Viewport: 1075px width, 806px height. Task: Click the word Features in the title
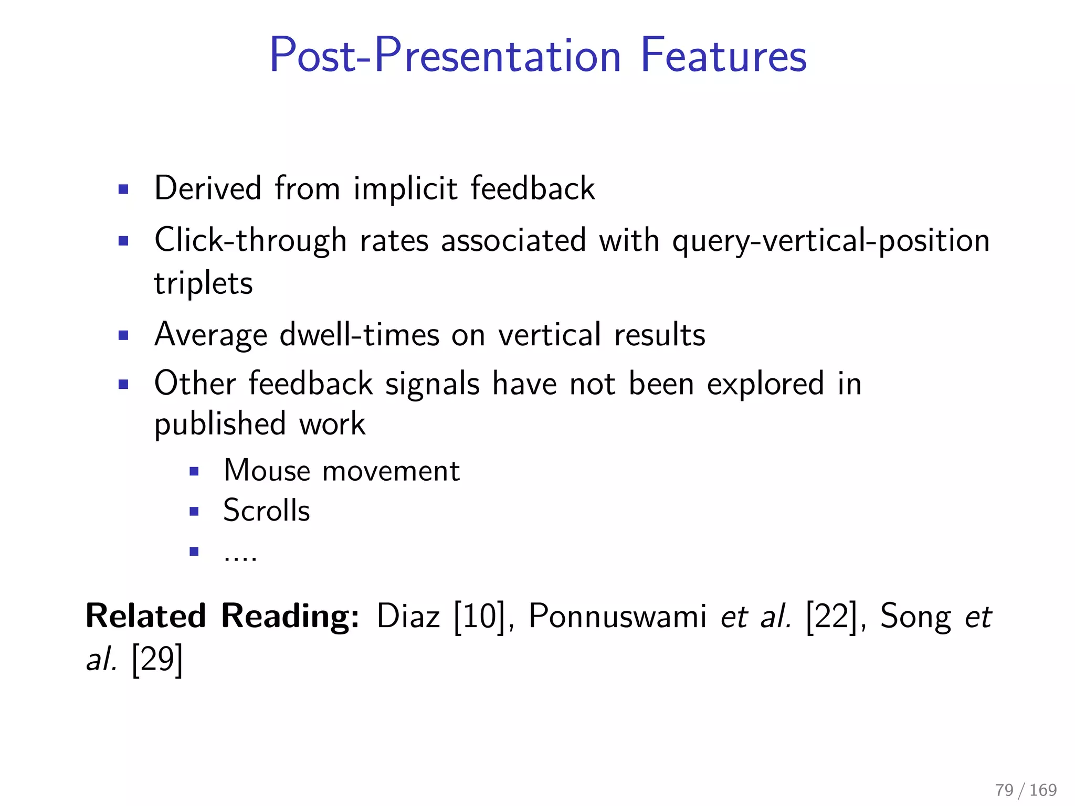pyautogui.click(x=723, y=56)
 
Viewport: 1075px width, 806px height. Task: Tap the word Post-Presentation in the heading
pyautogui.click(x=445, y=56)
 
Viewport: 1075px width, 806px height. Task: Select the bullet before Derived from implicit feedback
pyautogui.click(x=123, y=189)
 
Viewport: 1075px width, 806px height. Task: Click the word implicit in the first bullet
pyautogui.click(x=405, y=189)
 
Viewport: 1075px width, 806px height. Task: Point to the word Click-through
pyautogui.click(x=250, y=241)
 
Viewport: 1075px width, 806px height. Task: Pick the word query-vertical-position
pyautogui.click(x=830, y=241)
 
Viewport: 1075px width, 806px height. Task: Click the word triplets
pyautogui.click(x=203, y=283)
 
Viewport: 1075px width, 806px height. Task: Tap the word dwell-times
pyautogui.click(x=360, y=335)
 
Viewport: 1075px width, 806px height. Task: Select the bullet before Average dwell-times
pyautogui.click(x=123, y=335)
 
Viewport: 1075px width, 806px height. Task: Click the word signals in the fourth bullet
pyautogui.click(x=433, y=384)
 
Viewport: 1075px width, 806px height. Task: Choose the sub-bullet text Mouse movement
pyautogui.click(x=342, y=471)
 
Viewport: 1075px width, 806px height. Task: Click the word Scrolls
pyautogui.click(x=267, y=511)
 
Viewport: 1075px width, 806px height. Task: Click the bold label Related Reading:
pyautogui.click(x=223, y=616)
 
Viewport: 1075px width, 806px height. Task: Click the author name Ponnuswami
pyautogui.click(x=617, y=616)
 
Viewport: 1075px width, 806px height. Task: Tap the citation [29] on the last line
pyautogui.click(x=157, y=660)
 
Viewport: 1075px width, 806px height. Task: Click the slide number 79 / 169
pyautogui.click(x=1025, y=790)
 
